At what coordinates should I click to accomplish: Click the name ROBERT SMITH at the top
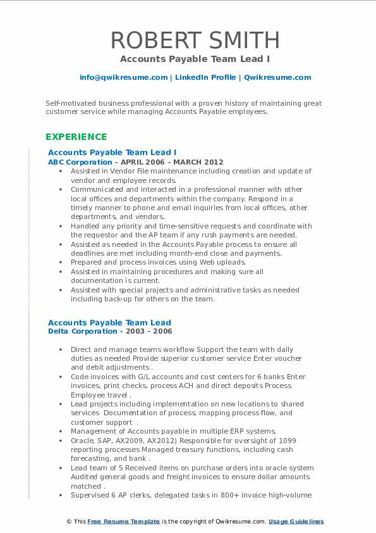195,40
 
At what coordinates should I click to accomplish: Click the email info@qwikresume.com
123,77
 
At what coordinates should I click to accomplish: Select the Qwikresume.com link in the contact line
277,77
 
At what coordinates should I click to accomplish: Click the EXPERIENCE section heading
76,137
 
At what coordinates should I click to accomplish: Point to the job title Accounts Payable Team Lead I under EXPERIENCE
112,153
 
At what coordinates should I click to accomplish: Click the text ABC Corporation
80,162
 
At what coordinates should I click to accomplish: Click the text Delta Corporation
82,331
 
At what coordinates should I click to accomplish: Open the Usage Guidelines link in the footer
296,522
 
